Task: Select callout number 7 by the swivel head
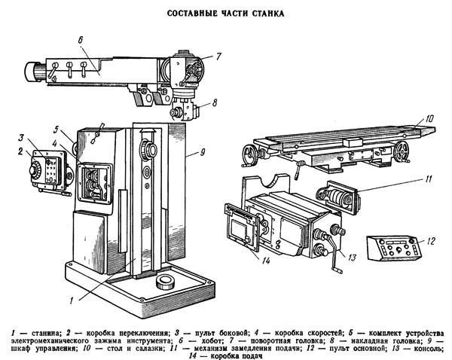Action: pyautogui.click(x=218, y=55)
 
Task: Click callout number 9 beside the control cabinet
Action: pyautogui.click(x=202, y=153)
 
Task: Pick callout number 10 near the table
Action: pyautogui.click(x=429, y=117)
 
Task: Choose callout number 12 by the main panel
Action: pyautogui.click(x=431, y=241)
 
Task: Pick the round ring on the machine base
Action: pyautogui.click(x=165, y=282)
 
